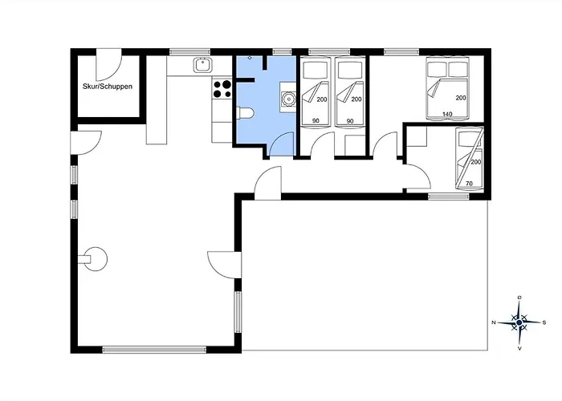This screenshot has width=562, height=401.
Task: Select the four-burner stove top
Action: pyautogui.click(x=222, y=88)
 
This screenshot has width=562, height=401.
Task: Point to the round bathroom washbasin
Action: pyautogui.click(x=287, y=99)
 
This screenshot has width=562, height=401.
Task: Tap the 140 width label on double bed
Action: pyautogui.click(x=447, y=115)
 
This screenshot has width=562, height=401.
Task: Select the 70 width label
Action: pyautogui.click(x=468, y=184)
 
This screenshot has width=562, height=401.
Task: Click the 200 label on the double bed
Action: pyautogui.click(x=461, y=98)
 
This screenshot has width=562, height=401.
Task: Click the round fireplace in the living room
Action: pyautogui.click(x=96, y=258)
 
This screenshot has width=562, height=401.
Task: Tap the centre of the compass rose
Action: pyautogui.click(x=519, y=322)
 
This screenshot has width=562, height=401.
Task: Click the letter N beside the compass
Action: pyautogui.click(x=494, y=322)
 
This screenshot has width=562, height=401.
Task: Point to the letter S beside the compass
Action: pyautogui.click(x=544, y=322)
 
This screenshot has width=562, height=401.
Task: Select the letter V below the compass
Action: pyautogui.click(x=519, y=348)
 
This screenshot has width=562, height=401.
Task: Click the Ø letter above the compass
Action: pyautogui.click(x=519, y=298)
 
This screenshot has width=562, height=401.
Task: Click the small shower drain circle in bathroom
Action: pyautogui.click(x=250, y=59)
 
